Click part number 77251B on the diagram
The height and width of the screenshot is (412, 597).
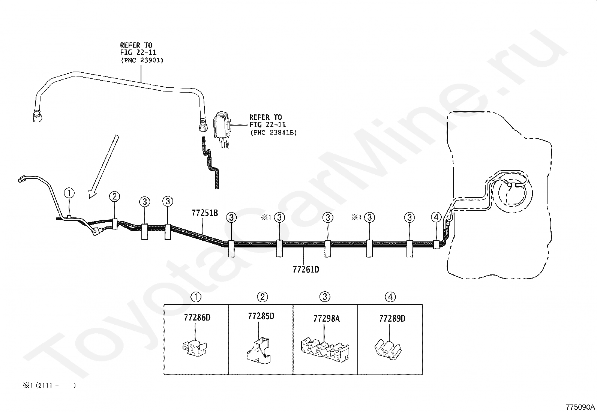205,213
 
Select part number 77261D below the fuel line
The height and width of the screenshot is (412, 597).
306,270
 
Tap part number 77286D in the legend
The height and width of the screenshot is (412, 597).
197,318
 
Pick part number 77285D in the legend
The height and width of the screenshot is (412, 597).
261,316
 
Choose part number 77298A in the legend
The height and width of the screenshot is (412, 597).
326,319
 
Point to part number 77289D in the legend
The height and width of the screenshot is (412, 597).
392,319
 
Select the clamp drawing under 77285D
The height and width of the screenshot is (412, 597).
258,351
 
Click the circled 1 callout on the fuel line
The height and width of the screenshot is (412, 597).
69,193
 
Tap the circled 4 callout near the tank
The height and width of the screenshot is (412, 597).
436,217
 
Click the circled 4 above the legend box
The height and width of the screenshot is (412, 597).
390,297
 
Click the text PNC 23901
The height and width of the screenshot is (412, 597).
142,60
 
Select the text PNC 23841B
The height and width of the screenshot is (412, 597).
273,132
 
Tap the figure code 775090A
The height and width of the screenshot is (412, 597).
580,407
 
